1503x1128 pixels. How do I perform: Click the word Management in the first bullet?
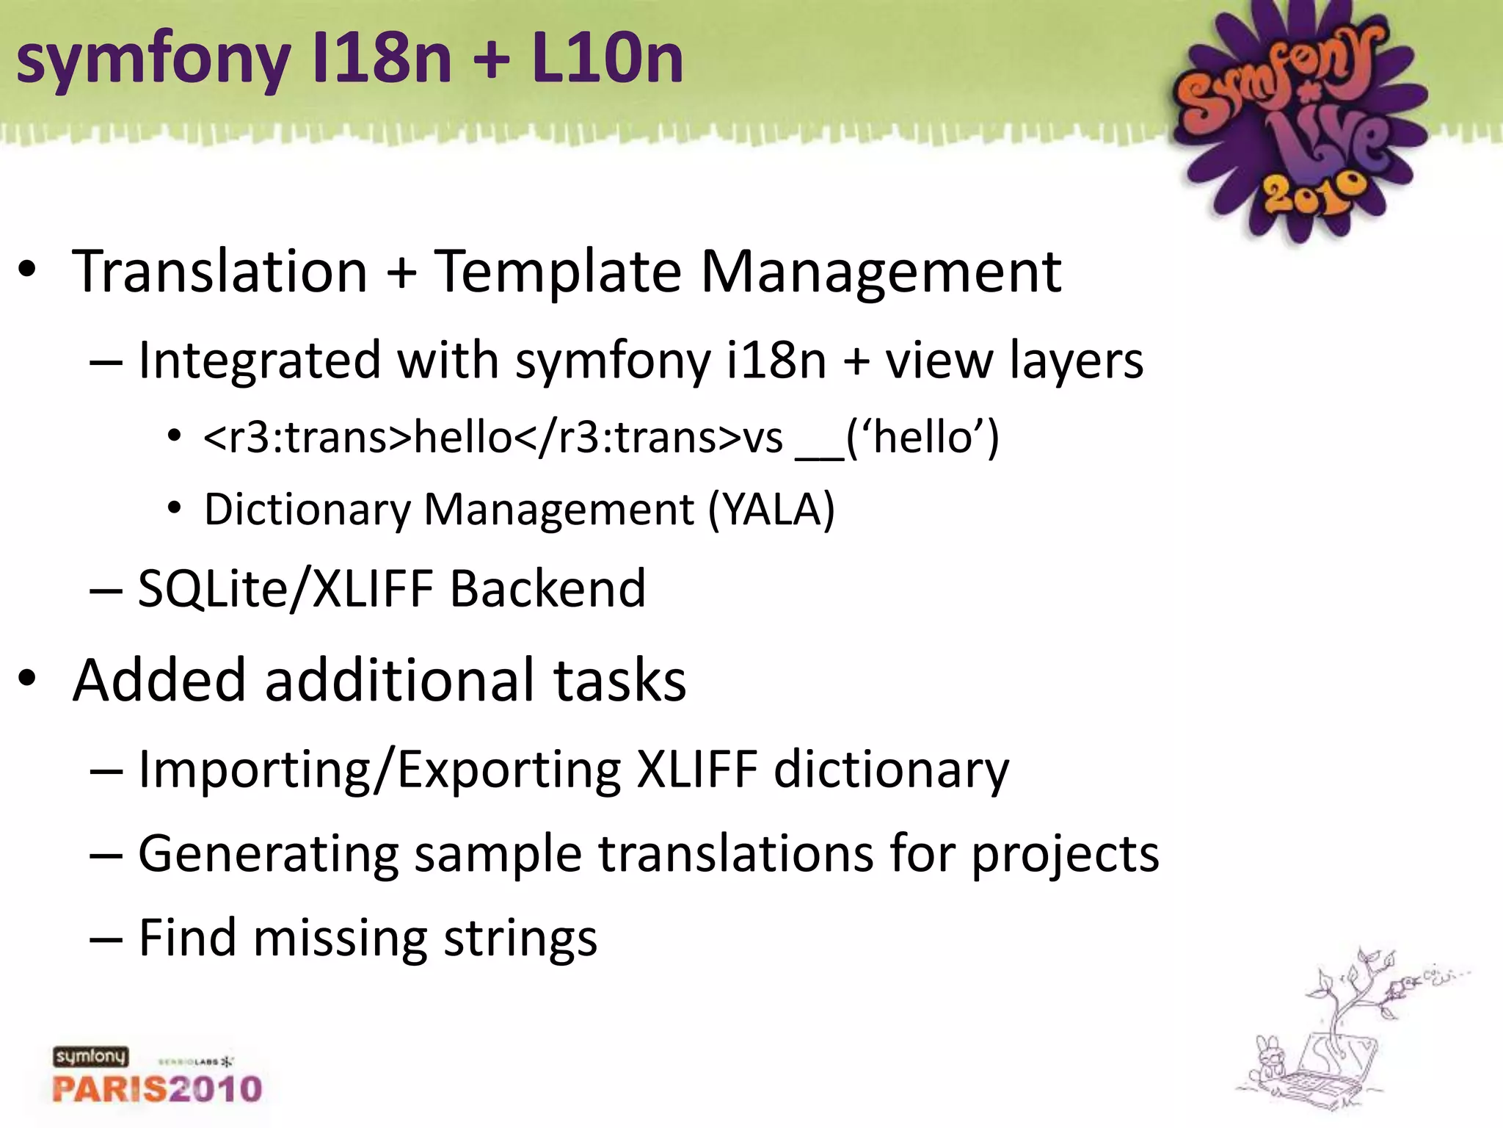[x=881, y=272]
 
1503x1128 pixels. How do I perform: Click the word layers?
[x=1076, y=361]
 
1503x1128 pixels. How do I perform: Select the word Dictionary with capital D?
[x=307, y=510]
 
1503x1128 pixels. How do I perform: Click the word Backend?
[x=547, y=589]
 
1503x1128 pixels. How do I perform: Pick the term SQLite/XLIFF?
[x=285, y=589]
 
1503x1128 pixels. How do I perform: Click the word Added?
[x=158, y=680]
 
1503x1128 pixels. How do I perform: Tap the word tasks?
[x=619, y=680]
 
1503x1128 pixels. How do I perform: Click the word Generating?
[x=268, y=854]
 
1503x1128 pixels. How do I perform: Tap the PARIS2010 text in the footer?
[x=157, y=1088]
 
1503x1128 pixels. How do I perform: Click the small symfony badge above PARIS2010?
[x=90, y=1057]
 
